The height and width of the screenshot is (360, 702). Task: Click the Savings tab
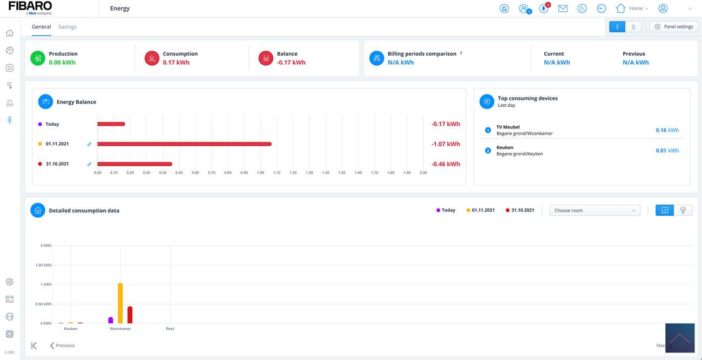click(67, 26)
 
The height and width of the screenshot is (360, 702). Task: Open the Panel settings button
click(673, 26)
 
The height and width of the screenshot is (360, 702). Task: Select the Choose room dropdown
click(595, 210)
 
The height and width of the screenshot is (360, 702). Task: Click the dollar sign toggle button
click(633, 26)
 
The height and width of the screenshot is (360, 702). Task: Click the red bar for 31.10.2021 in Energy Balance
click(134, 164)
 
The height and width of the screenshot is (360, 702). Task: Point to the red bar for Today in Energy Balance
click(111, 124)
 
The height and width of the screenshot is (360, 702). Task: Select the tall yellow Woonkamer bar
click(120, 303)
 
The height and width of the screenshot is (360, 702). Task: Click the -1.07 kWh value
click(446, 144)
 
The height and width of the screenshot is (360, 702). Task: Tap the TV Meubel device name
click(508, 127)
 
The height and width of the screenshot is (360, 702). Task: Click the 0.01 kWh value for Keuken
click(667, 151)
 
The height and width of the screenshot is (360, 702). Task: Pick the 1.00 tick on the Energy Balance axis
click(260, 173)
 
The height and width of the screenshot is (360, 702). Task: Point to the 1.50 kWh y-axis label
click(43, 265)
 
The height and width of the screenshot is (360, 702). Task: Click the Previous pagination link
click(62, 345)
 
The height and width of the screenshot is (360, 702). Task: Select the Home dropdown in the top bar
click(633, 9)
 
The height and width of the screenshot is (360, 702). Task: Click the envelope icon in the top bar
click(563, 9)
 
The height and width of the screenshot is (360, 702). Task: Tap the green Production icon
click(37, 58)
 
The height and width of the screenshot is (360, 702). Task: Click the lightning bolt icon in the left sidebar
click(9, 120)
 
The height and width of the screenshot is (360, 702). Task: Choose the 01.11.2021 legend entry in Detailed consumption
click(481, 210)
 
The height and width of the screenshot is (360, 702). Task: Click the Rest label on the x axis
click(170, 329)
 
